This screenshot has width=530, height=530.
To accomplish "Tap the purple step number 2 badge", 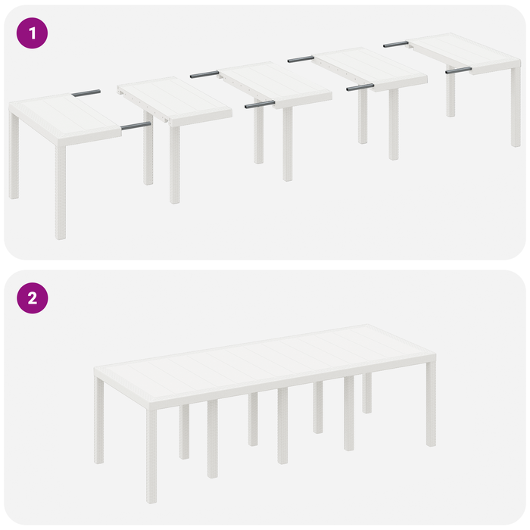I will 32,298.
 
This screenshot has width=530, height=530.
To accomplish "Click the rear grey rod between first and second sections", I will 86,92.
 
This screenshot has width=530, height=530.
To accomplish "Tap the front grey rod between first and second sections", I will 136,126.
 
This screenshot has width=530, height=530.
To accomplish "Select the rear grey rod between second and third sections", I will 204,74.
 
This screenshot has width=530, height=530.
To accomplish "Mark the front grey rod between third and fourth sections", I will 360,87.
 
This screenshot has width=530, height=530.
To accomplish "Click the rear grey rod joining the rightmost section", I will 395,44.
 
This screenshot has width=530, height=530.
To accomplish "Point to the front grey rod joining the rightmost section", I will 458,70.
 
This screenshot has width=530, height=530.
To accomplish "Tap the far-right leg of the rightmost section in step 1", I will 516,106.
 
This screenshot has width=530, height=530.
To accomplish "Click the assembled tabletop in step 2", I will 265,363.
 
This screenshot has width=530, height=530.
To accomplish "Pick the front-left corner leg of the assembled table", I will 151,454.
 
